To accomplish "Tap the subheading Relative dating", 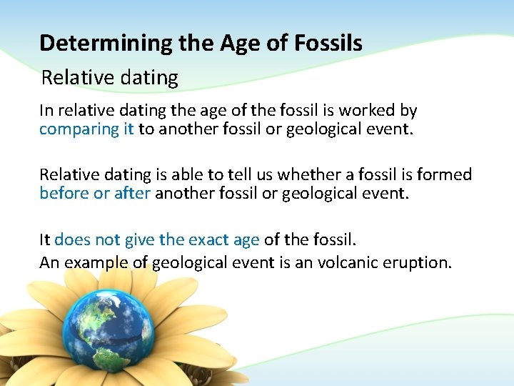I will pos(110,77).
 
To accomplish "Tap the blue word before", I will pos(64,193).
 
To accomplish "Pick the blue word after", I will pos(132,193).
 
